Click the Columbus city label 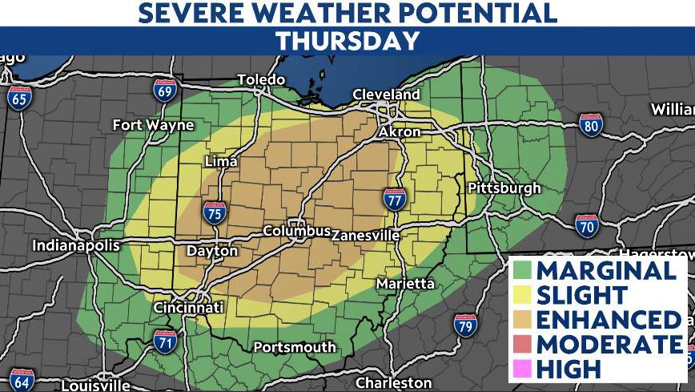click(297, 232)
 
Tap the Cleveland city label click(387, 95)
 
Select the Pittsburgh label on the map click(504, 188)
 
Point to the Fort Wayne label click(153, 125)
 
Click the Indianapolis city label click(76, 245)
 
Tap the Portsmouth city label click(295, 347)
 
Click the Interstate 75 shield click(214, 212)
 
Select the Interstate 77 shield click(393, 200)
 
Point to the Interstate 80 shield click(591, 124)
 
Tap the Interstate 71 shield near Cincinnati click(166, 341)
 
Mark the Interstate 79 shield click(464, 324)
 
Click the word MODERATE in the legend click(609, 344)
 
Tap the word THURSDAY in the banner click(347, 42)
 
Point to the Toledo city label click(261, 79)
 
